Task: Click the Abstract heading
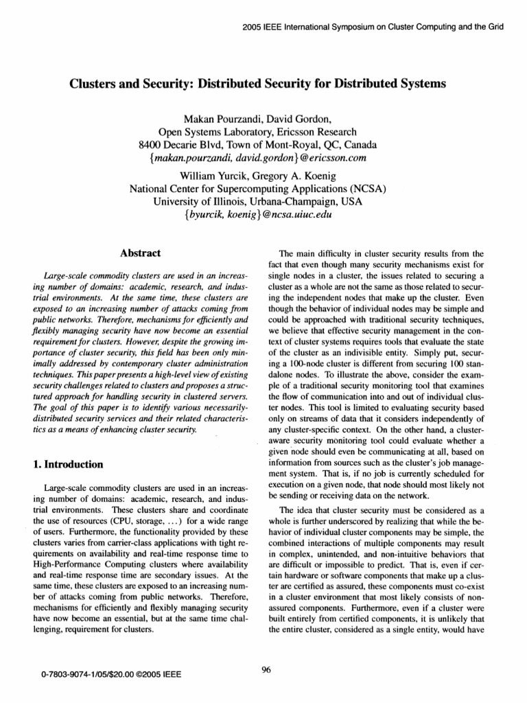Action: pyautogui.click(x=141, y=253)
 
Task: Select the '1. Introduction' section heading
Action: pyautogui.click(x=68, y=464)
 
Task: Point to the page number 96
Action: pyautogui.click(x=268, y=671)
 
